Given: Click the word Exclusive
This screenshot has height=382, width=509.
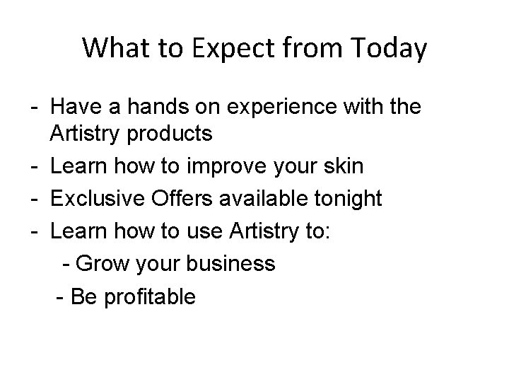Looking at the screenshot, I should (99, 198).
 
